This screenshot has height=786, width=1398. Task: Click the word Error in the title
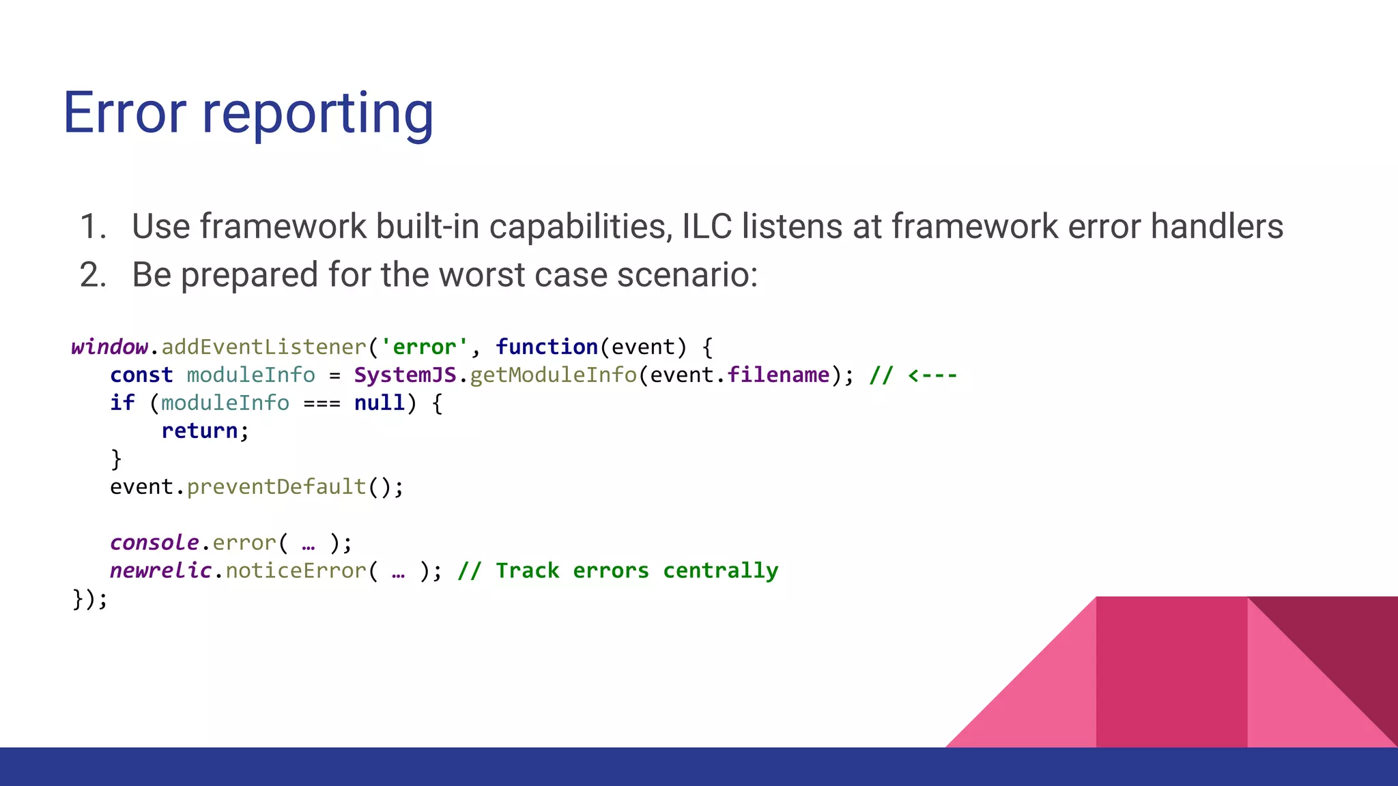click(124, 113)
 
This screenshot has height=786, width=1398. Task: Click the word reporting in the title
click(317, 115)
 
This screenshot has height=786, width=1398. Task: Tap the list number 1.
click(93, 227)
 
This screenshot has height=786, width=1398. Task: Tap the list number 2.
click(93, 275)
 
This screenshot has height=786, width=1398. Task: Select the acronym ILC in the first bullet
click(707, 227)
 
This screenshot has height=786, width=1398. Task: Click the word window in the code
click(109, 347)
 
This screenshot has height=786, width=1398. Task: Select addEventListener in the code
click(264, 347)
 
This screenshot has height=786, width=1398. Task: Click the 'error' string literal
click(424, 347)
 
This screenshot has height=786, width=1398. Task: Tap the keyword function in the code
click(547, 347)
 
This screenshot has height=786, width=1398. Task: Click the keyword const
click(141, 375)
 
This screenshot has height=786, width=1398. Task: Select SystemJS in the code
click(405, 375)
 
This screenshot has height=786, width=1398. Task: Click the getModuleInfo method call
click(553, 375)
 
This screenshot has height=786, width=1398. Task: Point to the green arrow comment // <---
click(913, 375)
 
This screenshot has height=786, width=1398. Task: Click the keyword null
click(380, 403)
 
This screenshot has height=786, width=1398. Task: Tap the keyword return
click(199, 431)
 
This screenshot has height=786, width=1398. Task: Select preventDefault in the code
click(276, 486)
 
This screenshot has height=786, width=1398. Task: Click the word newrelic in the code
click(160, 570)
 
